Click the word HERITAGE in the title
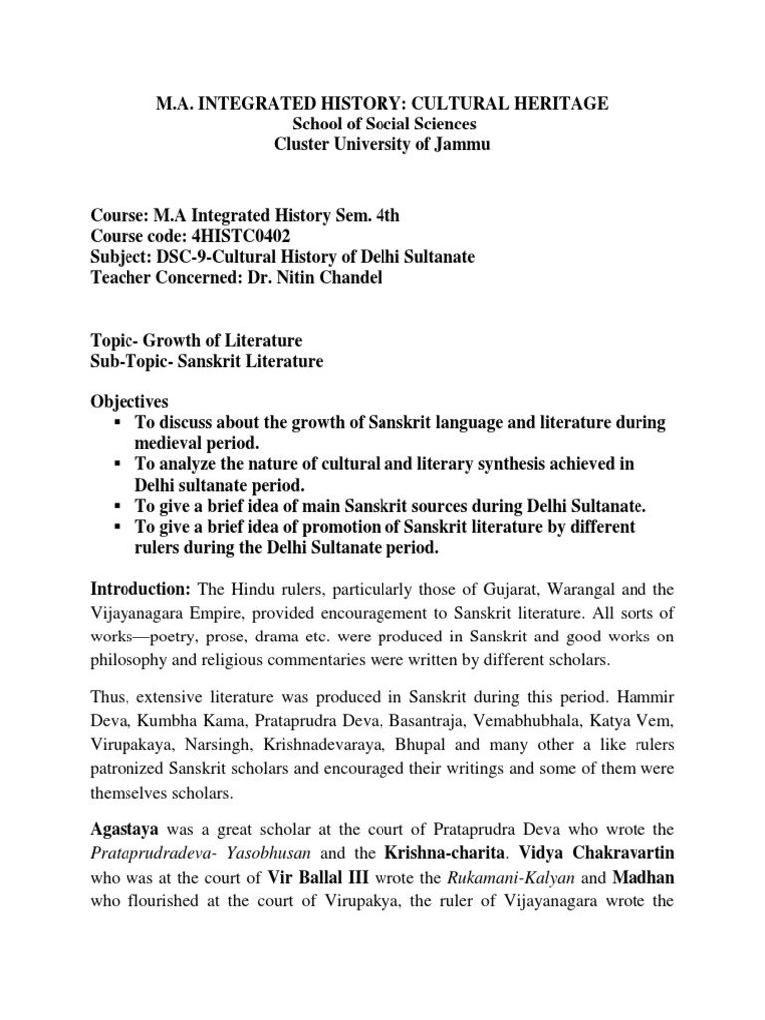point(565,104)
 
